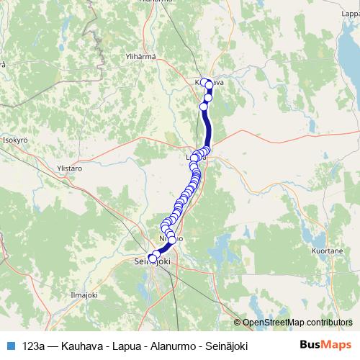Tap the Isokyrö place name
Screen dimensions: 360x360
click(x=17, y=140)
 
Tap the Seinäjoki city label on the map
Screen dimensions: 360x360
click(x=153, y=264)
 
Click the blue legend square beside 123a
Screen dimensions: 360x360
click(x=9, y=346)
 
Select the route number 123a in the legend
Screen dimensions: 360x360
click(x=32, y=346)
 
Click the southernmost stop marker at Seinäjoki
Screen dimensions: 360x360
click(x=151, y=258)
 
